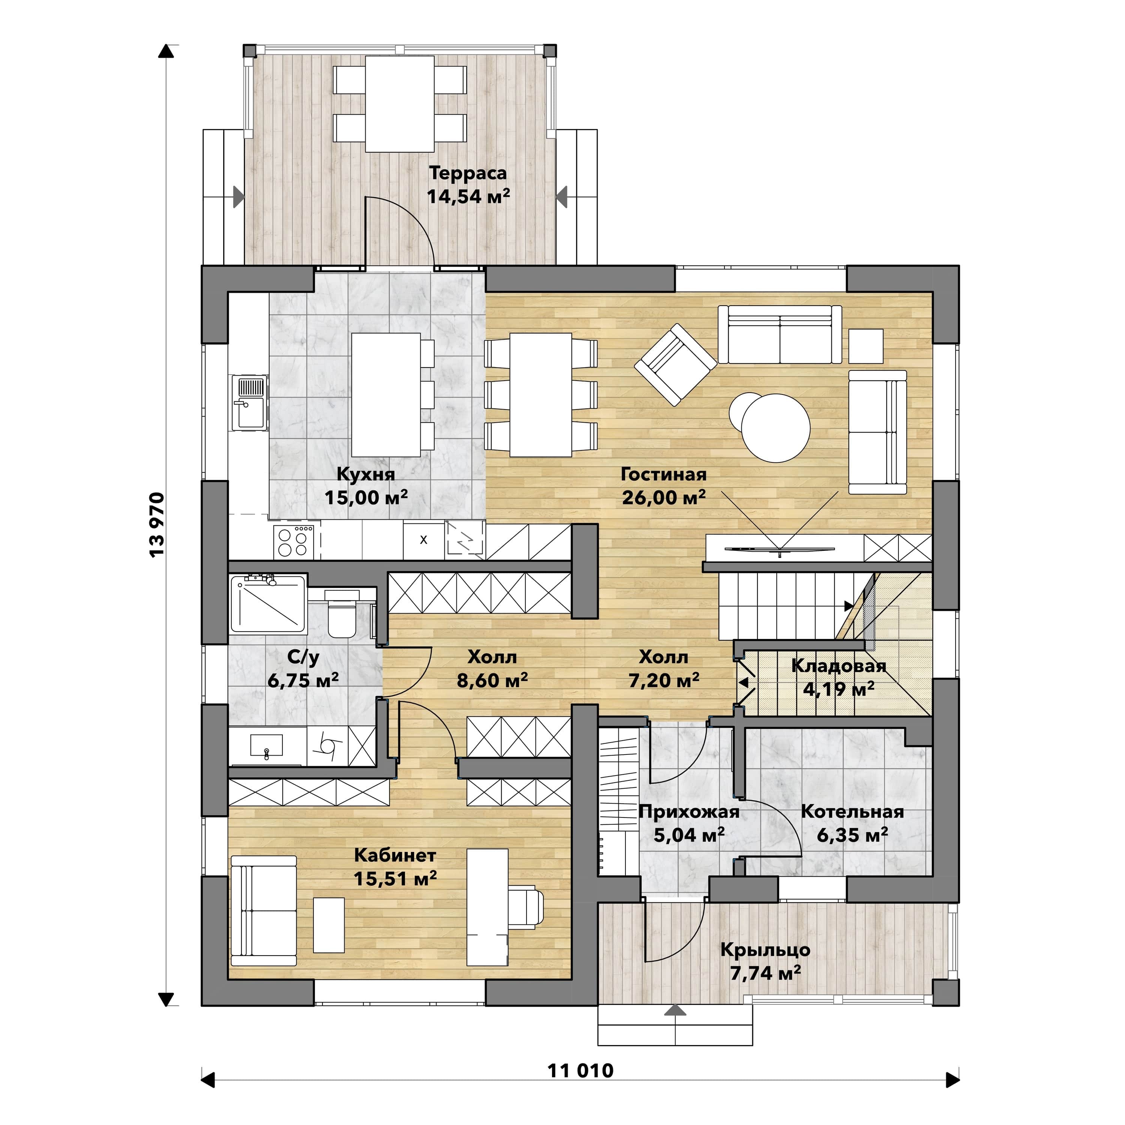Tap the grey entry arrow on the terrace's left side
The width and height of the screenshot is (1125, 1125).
point(239,197)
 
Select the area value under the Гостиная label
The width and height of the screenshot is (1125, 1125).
point(664,498)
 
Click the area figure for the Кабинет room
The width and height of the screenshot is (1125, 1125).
point(395,878)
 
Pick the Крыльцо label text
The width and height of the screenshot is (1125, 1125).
point(765,950)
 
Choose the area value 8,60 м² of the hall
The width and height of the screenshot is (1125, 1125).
point(492,680)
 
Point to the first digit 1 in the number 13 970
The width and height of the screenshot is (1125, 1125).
point(157,553)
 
